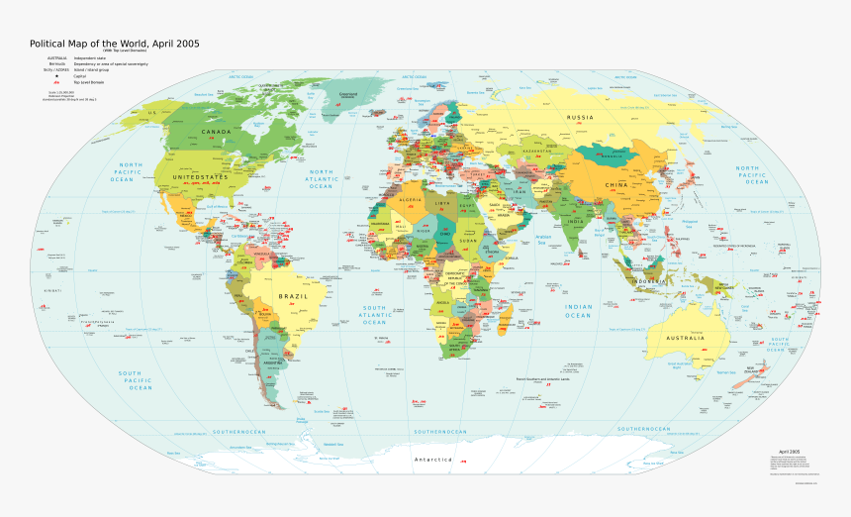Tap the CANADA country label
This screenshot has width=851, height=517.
click(x=217, y=132)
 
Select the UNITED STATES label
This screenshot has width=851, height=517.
click(x=200, y=177)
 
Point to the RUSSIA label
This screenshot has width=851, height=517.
click(x=580, y=118)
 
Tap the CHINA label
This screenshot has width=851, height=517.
click(x=617, y=185)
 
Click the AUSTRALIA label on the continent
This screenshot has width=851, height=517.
click(x=685, y=339)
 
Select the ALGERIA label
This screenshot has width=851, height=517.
click(x=410, y=200)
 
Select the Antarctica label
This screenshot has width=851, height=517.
click(x=432, y=461)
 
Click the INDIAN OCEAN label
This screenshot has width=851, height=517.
click(x=578, y=311)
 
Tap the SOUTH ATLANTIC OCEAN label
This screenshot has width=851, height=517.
click(x=374, y=315)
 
